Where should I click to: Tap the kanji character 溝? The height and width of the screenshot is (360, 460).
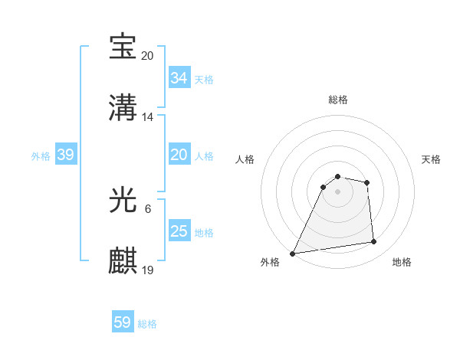click(x=123, y=108)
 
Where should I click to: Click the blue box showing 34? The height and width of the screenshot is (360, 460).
click(x=179, y=78)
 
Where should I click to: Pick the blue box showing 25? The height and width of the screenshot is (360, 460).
click(x=179, y=231)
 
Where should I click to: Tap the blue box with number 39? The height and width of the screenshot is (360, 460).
click(x=65, y=155)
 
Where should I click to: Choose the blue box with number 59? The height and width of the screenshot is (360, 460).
click(x=123, y=322)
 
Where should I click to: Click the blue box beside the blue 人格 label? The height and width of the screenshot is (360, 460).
click(x=179, y=155)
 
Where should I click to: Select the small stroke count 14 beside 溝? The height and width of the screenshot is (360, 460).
click(x=148, y=117)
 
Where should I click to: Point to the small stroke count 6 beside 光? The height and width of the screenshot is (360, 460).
click(x=148, y=209)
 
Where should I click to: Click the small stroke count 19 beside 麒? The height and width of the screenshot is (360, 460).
click(x=148, y=270)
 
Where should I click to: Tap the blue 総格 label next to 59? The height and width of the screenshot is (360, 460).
click(x=147, y=324)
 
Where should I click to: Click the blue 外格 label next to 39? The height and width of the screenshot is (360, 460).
click(x=41, y=155)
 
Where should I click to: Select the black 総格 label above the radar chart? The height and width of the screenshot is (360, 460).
click(x=338, y=100)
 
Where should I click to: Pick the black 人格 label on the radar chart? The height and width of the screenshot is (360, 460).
click(x=246, y=159)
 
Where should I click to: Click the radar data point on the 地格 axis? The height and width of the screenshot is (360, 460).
click(x=373, y=242)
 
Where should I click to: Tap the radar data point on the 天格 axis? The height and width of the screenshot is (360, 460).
click(x=367, y=182)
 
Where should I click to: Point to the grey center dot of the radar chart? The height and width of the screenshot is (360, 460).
click(x=337, y=191)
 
